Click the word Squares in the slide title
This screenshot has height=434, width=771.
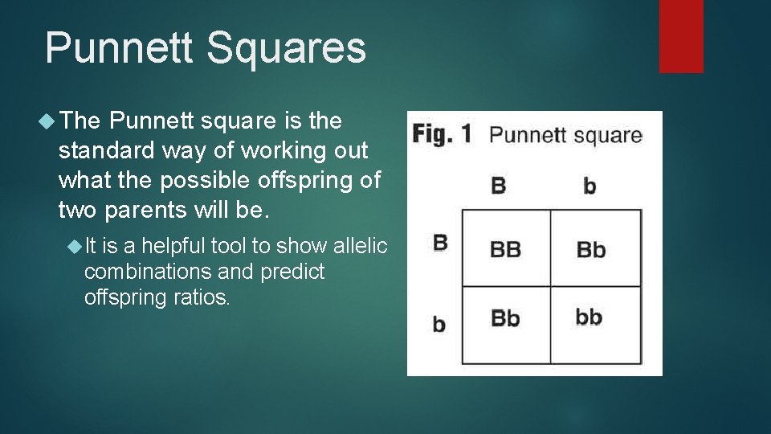tap(285, 48)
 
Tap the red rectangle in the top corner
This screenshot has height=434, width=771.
tap(681, 35)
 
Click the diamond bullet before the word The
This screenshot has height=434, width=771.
tap(47, 121)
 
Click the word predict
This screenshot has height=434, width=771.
tap(293, 272)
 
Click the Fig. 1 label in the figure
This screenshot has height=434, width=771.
tap(442, 134)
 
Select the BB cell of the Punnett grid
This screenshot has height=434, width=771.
tap(505, 249)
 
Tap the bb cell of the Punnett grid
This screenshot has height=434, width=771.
tap(589, 317)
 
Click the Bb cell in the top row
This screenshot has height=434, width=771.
tap(591, 249)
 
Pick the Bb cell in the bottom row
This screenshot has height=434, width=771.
tap(505, 318)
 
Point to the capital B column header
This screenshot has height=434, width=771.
tap(499, 186)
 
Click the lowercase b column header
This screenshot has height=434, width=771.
tap(589, 186)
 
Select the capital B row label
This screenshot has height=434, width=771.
tap(439, 242)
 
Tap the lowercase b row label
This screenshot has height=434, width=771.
tap(439, 324)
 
